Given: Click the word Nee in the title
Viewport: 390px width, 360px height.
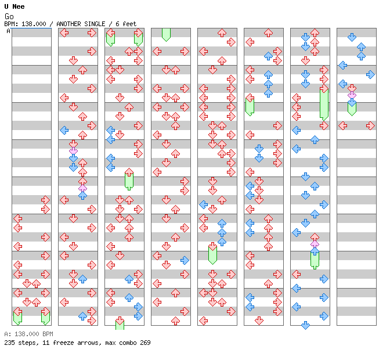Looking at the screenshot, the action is pyautogui.click(x=19, y=6).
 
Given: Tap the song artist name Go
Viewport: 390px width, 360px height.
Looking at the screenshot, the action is pyautogui.click(x=9, y=16).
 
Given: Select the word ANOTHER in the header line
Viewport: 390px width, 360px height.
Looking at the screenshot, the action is pyautogui.click(x=68, y=24).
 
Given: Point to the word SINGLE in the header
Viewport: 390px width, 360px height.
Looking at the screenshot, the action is pyautogui.click(x=96, y=24).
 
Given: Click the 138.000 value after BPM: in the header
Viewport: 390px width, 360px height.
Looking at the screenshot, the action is pyautogui.click(x=34, y=24).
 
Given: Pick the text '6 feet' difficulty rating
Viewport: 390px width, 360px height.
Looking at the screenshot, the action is pyautogui.click(x=126, y=24).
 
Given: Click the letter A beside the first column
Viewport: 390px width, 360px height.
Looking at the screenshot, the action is pyautogui.click(x=9, y=31).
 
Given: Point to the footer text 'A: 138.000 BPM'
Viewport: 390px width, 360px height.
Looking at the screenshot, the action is pyautogui.click(x=28, y=334).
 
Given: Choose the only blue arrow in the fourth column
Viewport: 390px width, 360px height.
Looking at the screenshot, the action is pyautogui.click(x=185, y=260).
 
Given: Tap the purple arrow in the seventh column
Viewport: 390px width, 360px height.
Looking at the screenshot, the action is pyautogui.click(x=315, y=243).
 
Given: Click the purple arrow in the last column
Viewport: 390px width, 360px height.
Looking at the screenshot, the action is pyautogui.click(x=352, y=95).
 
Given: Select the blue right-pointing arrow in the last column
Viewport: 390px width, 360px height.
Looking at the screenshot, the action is pyautogui.click(x=370, y=74).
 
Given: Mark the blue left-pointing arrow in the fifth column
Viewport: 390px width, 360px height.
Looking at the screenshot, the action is pyautogui.click(x=204, y=204).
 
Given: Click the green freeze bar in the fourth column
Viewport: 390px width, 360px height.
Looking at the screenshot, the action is pyautogui.click(x=166, y=35).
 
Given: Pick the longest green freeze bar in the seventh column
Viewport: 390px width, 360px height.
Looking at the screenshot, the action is pyautogui.click(x=324, y=105).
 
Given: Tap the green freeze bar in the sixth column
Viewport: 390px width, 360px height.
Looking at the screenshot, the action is pyautogui.click(x=250, y=107).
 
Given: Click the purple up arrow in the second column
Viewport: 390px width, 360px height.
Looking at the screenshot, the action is pyautogui.click(x=82, y=188).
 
